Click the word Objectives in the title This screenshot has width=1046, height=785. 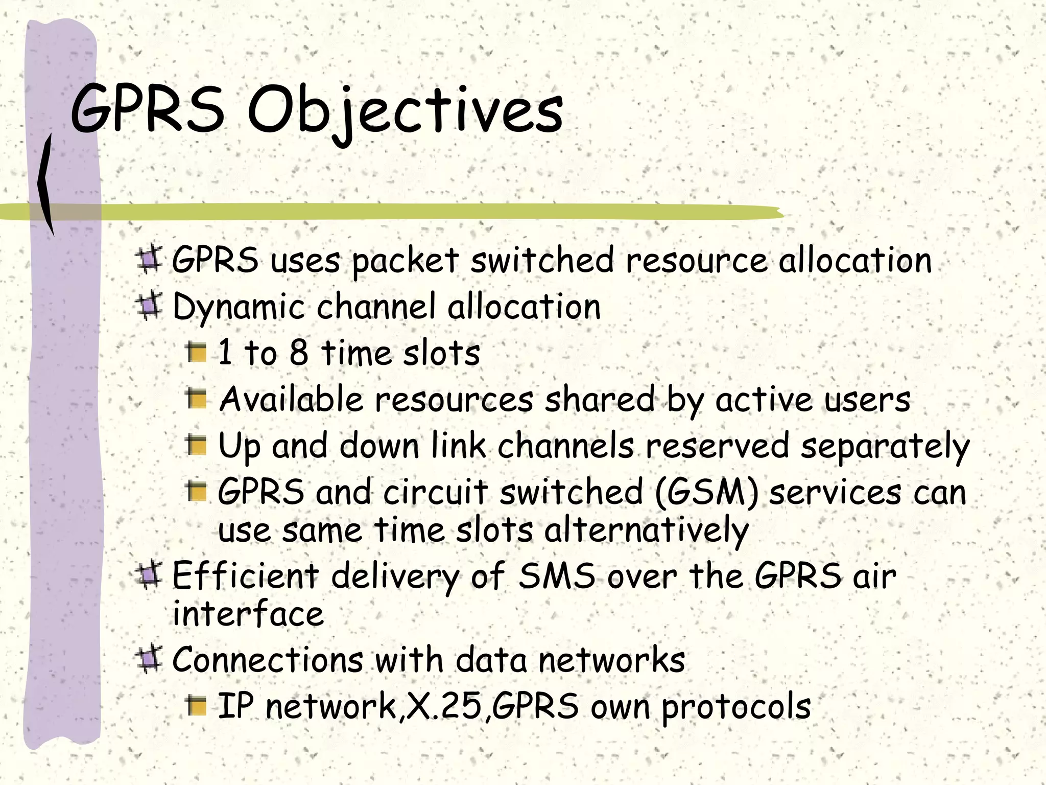point(405,110)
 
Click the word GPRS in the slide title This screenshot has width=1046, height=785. point(148,110)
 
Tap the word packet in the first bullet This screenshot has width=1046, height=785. point(405,261)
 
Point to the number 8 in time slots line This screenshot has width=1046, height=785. point(299,353)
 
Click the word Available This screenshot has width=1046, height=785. point(291,399)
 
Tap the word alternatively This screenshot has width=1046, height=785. point(647,531)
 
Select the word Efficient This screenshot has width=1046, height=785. point(246,576)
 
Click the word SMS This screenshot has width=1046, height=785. point(557,576)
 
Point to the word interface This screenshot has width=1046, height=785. point(248,614)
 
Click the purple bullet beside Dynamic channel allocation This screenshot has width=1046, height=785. point(149,306)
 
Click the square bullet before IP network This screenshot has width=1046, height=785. point(196,705)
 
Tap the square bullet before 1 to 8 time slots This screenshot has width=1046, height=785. point(196,353)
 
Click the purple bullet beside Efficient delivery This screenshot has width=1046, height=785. point(149,575)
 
